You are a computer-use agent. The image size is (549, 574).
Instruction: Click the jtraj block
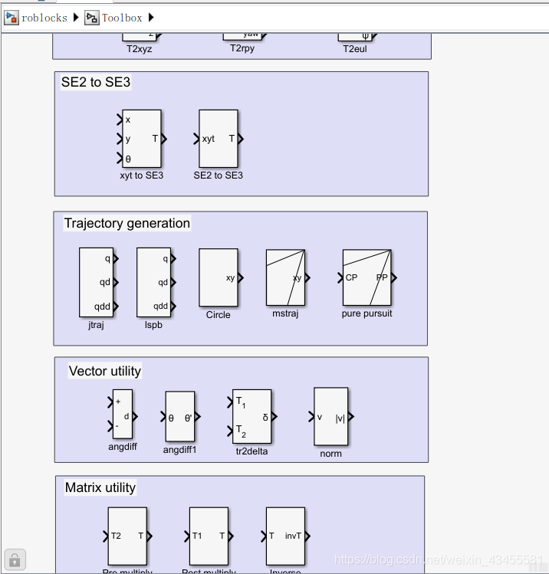tap(96, 282)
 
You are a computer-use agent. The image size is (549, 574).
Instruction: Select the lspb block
tap(153, 282)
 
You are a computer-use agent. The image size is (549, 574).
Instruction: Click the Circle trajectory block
tap(218, 277)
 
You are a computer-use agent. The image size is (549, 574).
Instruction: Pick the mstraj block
tap(285, 277)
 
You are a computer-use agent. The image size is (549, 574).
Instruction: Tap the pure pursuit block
tap(367, 277)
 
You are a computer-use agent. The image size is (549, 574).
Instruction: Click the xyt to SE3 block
tap(142, 139)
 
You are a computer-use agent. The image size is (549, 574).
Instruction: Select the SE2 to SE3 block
tap(219, 139)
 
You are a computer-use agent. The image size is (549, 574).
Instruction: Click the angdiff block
tap(123, 415)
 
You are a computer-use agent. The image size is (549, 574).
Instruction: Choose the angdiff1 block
tap(180, 417)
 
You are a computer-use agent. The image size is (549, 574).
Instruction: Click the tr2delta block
tap(251, 416)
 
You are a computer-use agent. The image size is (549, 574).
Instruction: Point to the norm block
tap(330, 416)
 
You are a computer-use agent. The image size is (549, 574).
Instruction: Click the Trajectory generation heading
tap(127, 224)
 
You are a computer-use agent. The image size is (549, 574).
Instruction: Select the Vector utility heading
tap(105, 371)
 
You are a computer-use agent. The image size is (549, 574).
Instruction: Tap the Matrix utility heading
tap(100, 487)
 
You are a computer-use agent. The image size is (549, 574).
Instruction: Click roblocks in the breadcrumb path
tap(44, 18)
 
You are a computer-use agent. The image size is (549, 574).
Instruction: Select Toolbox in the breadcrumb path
tap(122, 18)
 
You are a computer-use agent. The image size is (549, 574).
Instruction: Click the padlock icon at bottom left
tap(15, 559)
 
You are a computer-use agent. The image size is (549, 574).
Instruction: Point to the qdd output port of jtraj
tap(116, 306)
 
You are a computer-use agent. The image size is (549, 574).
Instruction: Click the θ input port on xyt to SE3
tap(120, 159)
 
